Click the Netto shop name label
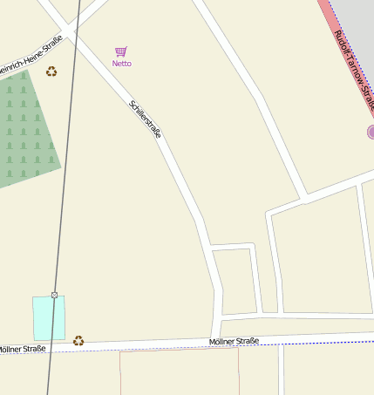click(x=122, y=64)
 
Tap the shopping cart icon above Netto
click(x=121, y=52)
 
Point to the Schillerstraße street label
click(x=146, y=119)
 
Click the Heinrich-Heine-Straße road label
click(x=30, y=55)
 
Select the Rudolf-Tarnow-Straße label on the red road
click(x=354, y=66)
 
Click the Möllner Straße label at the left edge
click(x=22, y=349)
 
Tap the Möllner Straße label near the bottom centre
click(x=235, y=341)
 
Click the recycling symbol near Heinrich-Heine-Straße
click(x=51, y=72)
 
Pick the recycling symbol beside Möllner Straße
click(x=78, y=340)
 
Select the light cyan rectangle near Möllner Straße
click(x=49, y=317)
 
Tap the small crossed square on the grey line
click(x=54, y=295)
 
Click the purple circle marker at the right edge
click(x=371, y=133)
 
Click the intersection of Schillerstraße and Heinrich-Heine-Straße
click(x=69, y=31)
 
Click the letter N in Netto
click(x=115, y=64)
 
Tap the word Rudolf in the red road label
click(x=342, y=43)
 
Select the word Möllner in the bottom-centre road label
click(x=223, y=341)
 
